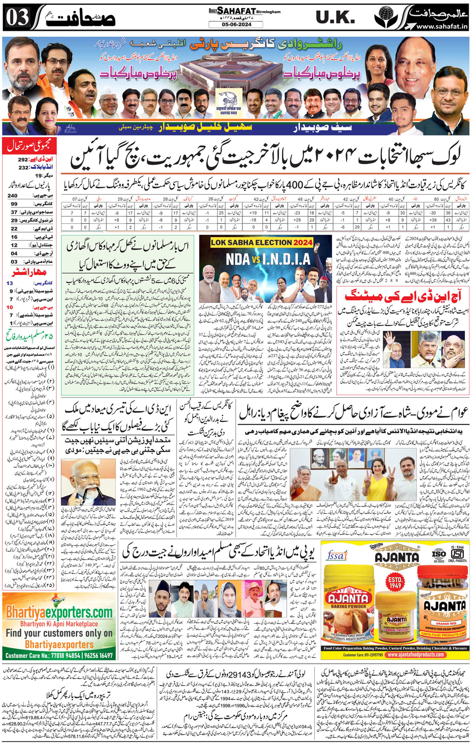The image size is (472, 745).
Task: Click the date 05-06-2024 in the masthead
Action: pos(236,24)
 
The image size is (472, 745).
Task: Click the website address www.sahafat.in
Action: pos(442,26)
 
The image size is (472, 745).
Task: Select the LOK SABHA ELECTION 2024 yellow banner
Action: pos(262,242)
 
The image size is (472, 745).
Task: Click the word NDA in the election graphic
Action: pos(238,259)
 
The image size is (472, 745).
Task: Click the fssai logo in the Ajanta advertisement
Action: pos(337,555)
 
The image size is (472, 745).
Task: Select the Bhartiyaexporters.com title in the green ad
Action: pos(59,612)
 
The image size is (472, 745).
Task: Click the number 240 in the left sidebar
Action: pos(13,196)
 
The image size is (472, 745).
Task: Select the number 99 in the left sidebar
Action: pos(14,204)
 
